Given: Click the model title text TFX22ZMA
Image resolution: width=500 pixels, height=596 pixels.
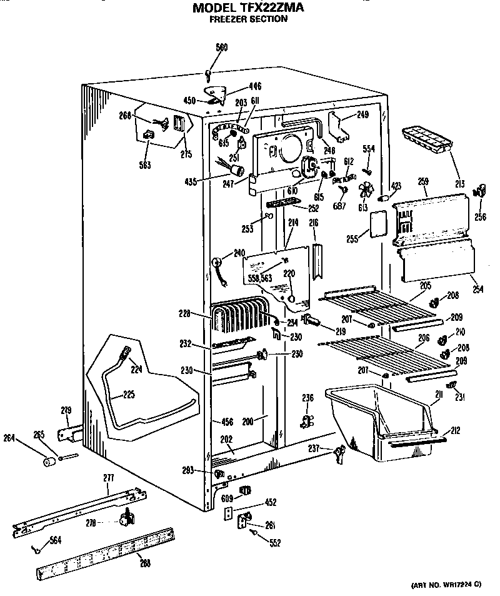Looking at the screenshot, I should click(248, 8).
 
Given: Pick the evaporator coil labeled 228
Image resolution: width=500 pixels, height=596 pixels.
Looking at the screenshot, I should click(240, 317).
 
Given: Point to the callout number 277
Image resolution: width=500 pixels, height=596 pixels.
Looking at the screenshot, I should click(109, 478).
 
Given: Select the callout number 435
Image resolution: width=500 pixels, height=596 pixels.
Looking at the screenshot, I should click(191, 182).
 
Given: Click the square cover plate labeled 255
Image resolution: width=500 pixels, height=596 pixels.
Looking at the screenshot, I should click(376, 224).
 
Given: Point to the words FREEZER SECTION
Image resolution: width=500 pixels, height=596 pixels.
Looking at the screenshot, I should click(248, 19).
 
